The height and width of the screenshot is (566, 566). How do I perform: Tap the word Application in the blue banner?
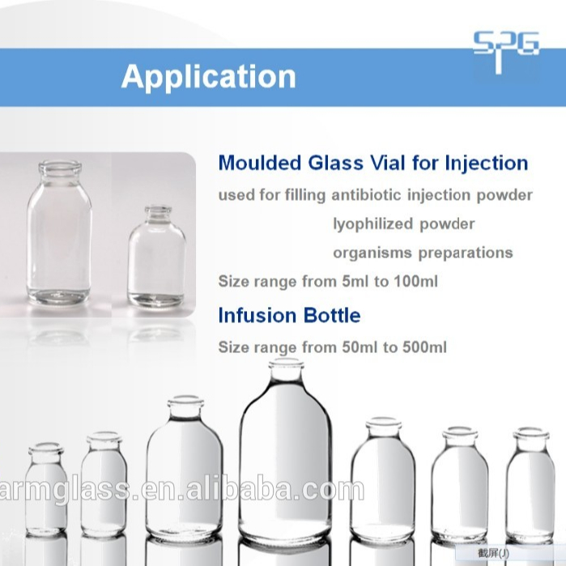pyautogui.click(x=208, y=77)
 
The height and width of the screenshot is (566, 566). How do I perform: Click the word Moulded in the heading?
pyautogui.click(x=257, y=163)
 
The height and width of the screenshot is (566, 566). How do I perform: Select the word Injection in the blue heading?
pyautogui.click(x=486, y=163)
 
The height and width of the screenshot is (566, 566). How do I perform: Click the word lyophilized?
pyautogui.click(x=369, y=223)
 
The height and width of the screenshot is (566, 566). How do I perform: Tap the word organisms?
pyautogui.click(x=372, y=252)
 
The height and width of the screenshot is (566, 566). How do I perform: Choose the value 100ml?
pyautogui.click(x=418, y=283)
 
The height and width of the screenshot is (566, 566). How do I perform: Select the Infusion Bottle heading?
pyautogui.click(x=289, y=315)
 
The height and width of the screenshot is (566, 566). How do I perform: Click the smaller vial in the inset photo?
pyautogui.click(x=156, y=259)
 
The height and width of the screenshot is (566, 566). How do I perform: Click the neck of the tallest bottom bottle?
pyautogui.click(x=285, y=374)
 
